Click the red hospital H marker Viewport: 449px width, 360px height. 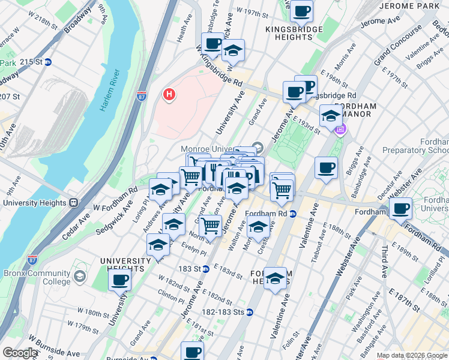point(170,94)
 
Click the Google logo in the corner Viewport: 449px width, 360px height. point(20,353)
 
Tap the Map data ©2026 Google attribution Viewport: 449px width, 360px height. point(412,355)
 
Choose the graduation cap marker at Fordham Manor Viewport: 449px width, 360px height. point(330,116)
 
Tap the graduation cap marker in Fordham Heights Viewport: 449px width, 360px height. point(275,278)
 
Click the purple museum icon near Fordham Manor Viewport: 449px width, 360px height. point(341,129)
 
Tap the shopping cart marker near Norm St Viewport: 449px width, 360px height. point(210,226)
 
